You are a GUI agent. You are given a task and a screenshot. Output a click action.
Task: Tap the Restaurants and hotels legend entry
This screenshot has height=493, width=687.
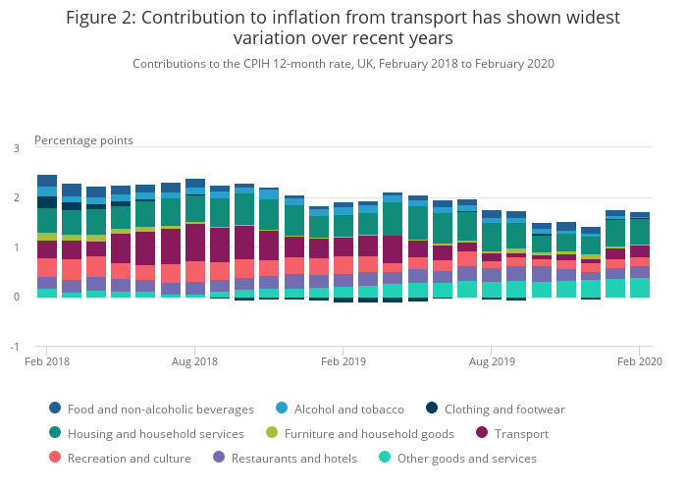(x=292, y=458)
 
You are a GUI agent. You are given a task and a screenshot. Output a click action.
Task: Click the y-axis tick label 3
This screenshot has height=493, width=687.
(x=16, y=148)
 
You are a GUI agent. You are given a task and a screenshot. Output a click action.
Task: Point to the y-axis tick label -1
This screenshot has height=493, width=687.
(x=15, y=347)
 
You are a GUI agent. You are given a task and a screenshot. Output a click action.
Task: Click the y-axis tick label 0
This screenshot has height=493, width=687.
(x=16, y=298)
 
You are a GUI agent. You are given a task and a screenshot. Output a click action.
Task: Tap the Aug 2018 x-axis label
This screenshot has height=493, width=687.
(x=194, y=362)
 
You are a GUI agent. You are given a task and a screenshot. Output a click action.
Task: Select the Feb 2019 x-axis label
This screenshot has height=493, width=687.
(x=343, y=362)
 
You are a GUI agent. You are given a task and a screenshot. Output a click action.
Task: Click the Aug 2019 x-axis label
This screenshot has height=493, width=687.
(x=492, y=362)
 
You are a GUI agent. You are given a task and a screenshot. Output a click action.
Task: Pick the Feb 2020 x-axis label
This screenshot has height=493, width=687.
(x=640, y=362)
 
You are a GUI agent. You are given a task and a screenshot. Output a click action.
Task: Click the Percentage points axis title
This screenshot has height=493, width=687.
(x=83, y=140)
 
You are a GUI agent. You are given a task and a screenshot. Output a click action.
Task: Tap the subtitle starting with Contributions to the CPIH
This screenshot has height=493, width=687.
(x=343, y=63)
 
